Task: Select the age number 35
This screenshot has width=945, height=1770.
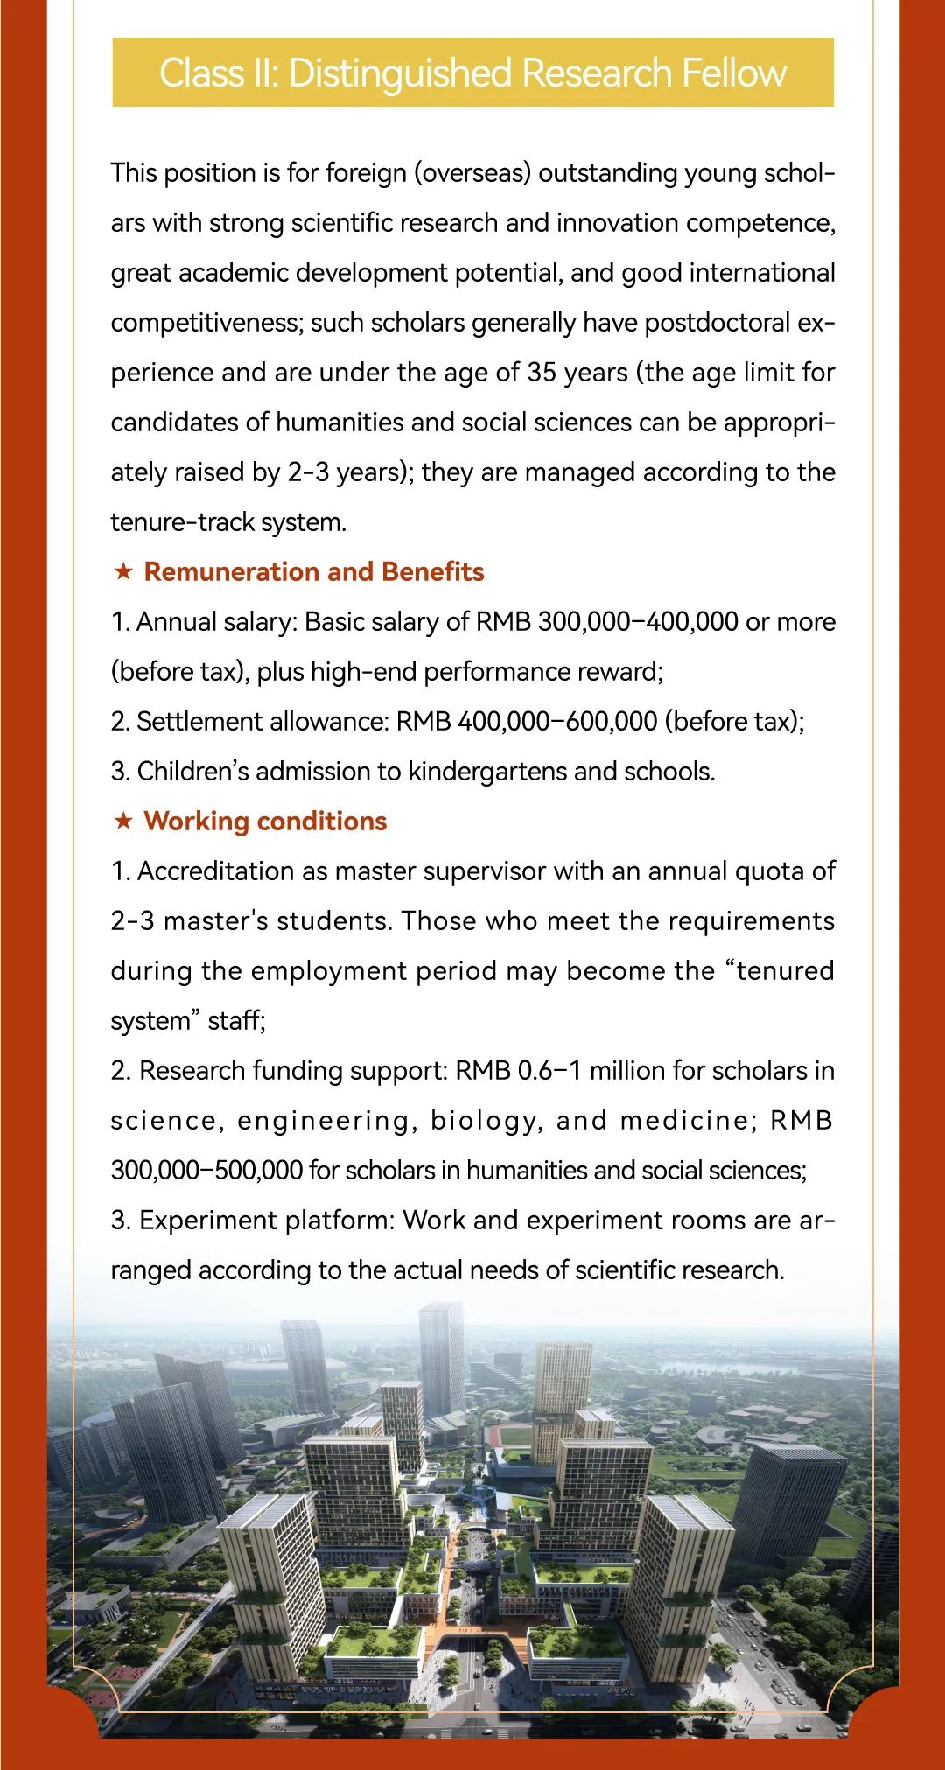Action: [542, 373]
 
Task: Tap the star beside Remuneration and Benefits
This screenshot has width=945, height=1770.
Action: [124, 572]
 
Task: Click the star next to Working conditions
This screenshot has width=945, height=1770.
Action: [124, 822]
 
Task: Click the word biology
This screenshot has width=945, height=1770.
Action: [482, 1121]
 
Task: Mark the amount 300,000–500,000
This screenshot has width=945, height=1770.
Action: [206, 1171]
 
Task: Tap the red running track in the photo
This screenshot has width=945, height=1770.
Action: [513, 1435]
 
